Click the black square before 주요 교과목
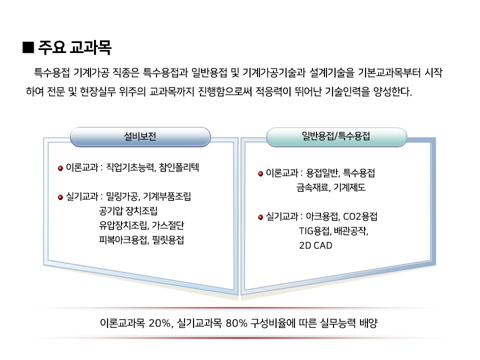28,47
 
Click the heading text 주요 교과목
74,47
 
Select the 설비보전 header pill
140,136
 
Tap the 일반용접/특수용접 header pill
336,136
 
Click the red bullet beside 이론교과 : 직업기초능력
60,168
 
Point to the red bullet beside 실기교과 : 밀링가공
60,197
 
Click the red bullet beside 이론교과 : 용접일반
260,174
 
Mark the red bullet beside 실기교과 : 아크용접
260,217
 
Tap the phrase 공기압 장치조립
128,210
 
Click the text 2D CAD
315,245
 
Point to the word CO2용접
360,216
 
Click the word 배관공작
351,231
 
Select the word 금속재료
313,187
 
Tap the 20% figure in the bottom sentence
160,323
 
